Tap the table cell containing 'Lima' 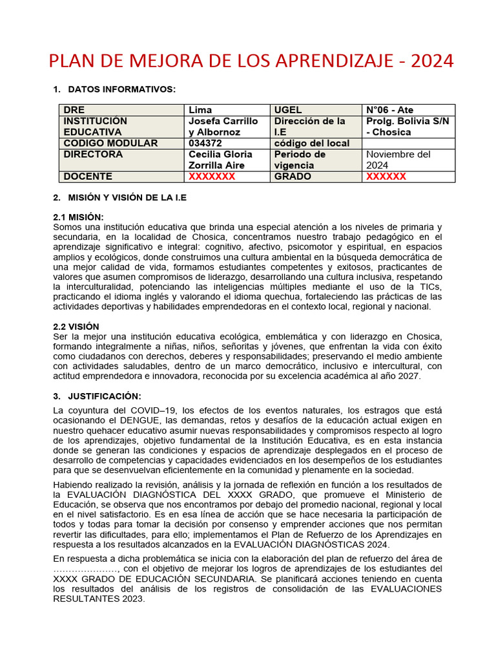pyautogui.click(x=200, y=110)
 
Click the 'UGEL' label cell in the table pyautogui.click(x=288, y=110)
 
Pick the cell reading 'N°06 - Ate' pyautogui.click(x=390, y=110)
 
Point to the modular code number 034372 pyautogui.click(x=205, y=143)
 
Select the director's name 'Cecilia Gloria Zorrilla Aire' pyautogui.click(x=220, y=160)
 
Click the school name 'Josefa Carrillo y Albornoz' pyautogui.click(x=223, y=127)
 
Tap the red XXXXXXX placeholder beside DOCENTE pyautogui.click(x=212, y=176)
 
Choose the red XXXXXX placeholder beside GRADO pyautogui.click(x=386, y=176)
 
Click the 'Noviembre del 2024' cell pyautogui.click(x=398, y=160)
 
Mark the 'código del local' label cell pyautogui.click(x=312, y=143)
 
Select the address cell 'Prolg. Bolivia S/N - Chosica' pyautogui.click(x=407, y=127)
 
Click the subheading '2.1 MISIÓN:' pyautogui.click(x=78, y=217)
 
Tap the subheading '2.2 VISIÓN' pyautogui.click(x=76, y=326)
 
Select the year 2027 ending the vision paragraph pyautogui.click(x=406, y=376)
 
